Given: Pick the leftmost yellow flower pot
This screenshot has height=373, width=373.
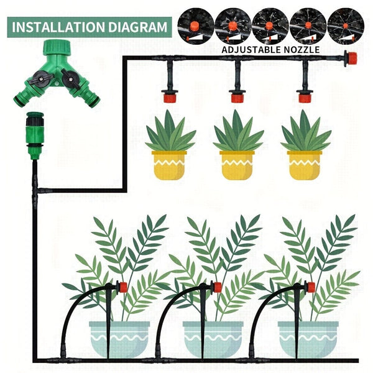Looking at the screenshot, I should (x=169, y=164).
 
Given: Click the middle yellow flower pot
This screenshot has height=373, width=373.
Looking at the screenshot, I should (x=237, y=164).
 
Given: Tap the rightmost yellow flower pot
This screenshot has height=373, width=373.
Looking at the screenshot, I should (x=305, y=164).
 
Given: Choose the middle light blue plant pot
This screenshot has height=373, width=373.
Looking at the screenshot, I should (x=213, y=338).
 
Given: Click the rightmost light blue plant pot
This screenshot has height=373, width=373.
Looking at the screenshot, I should (x=308, y=338).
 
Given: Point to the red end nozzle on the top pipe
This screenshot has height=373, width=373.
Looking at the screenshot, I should (x=351, y=58).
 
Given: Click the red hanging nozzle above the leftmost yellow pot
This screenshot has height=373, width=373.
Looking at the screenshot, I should (x=167, y=96).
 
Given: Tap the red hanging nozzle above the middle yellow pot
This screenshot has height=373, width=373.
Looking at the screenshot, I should (x=236, y=96).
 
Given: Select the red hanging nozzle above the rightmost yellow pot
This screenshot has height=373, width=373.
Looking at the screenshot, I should (x=304, y=96).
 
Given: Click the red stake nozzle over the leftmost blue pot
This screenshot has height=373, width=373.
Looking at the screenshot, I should (x=122, y=287).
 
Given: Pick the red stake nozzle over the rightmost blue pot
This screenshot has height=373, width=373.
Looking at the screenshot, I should (x=310, y=287).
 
